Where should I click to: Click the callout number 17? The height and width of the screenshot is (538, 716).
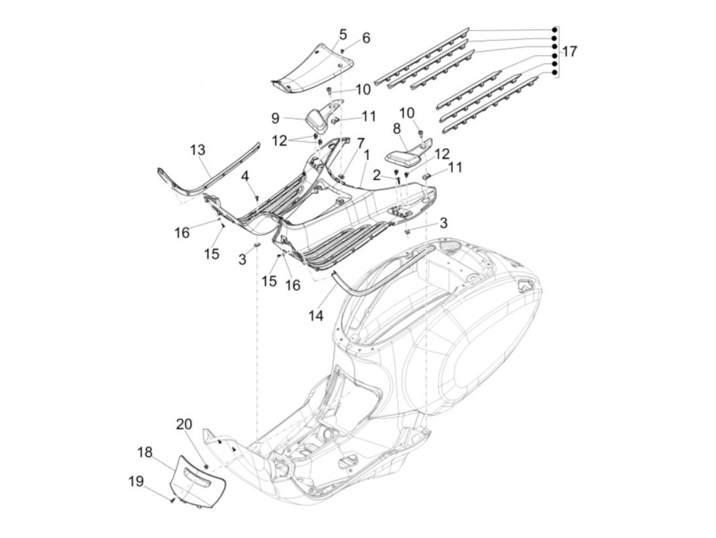coord(570,52)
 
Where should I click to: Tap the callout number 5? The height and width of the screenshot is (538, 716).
coord(343,35)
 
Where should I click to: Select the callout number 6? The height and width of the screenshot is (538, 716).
coord(366,38)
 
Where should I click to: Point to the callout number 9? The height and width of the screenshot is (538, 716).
coord(275,118)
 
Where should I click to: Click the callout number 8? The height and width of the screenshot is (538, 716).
coord(397,129)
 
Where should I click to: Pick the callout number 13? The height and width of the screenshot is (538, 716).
coord(197,150)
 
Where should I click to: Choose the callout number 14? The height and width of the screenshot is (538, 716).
coord(316,316)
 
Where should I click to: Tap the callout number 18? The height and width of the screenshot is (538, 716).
coord(145,452)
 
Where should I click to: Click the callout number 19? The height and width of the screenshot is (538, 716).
coord(136,481)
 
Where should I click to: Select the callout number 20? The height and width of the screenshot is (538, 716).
coord(184,424)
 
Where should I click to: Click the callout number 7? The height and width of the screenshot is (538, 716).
coord(360,143)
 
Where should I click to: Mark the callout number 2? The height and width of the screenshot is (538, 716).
coord(377,176)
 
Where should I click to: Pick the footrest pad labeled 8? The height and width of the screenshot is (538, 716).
coord(408,151)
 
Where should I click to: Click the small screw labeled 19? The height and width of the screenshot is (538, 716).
coord(172,500)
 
